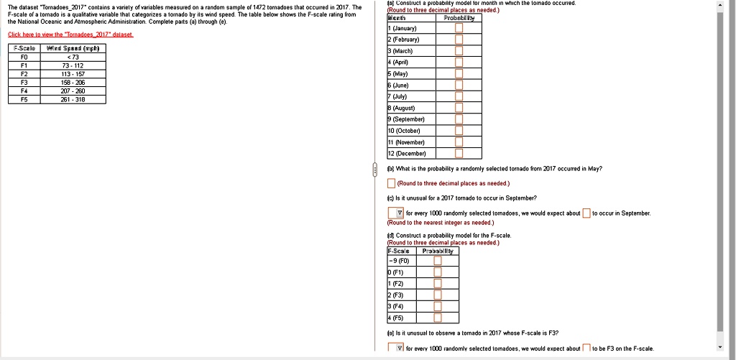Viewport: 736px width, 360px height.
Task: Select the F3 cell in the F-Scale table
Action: tap(24, 82)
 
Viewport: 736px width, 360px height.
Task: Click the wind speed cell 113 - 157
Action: tap(74, 73)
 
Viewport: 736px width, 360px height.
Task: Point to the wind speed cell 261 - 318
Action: tap(74, 100)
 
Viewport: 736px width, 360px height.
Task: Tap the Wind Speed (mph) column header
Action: tap(74, 48)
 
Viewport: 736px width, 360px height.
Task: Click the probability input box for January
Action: tap(458, 28)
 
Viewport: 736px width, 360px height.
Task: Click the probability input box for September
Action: tap(458, 119)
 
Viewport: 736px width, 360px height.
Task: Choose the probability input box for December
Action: tap(458, 152)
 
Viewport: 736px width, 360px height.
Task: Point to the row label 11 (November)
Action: tap(410, 142)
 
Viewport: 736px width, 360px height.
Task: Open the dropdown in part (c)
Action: tap(397, 213)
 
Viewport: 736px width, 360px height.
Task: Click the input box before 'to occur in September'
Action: tap(586, 213)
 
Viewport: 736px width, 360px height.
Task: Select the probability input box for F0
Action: tap(437, 260)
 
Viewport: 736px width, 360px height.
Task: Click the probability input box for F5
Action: tap(437, 317)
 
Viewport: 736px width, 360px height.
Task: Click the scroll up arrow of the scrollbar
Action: tap(721, 5)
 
